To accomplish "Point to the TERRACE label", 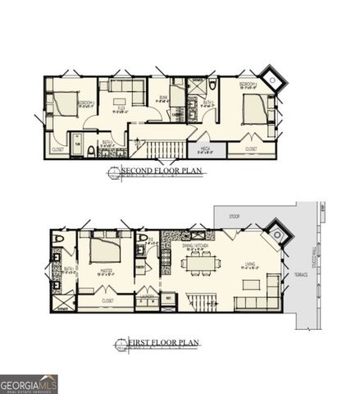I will [301, 273].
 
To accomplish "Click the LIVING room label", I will [250, 265].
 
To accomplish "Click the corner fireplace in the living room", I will [279, 236].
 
